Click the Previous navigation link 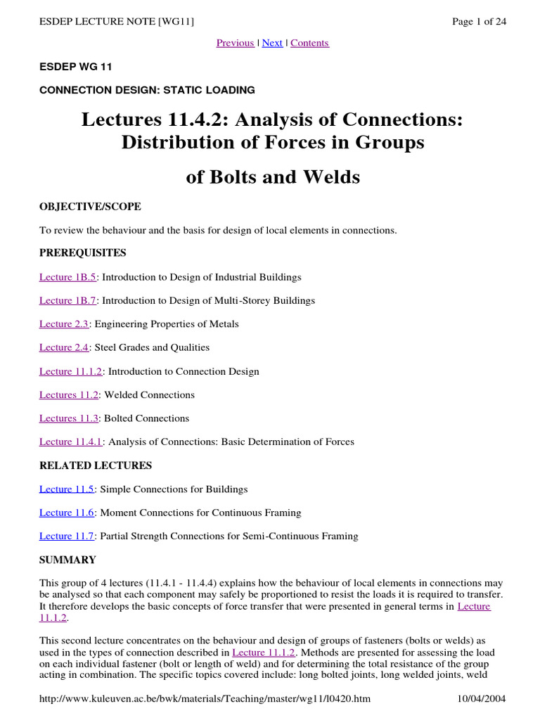click(235, 43)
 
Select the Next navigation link click(272, 43)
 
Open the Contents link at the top click(309, 43)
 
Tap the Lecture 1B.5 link click(67, 277)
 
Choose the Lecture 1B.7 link click(67, 300)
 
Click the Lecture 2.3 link click(64, 324)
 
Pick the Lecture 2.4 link click(64, 347)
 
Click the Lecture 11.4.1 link click(71, 442)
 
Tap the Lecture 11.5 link click(67, 489)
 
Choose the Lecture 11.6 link click(67, 513)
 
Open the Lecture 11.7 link click(67, 536)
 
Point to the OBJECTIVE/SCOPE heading click(90, 207)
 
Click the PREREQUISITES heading click(83, 252)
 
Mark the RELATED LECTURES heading click(96, 465)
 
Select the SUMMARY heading click(67, 560)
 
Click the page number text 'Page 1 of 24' click(479, 21)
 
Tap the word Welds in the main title click(330, 177)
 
